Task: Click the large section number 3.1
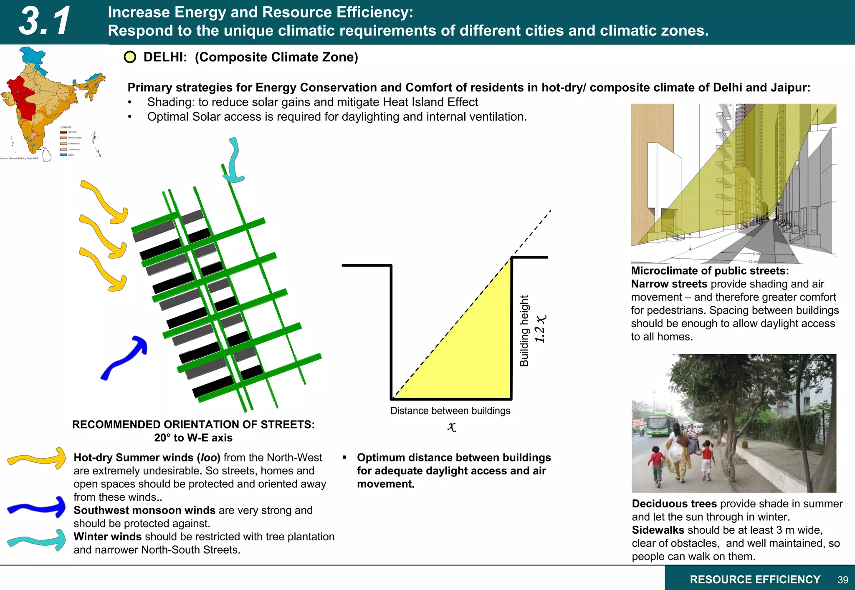pyautogui.click(x=45, y=21)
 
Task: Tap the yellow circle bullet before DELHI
pyautogui.click(x=130, y=57)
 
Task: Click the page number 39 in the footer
pyautogui.click(x=842, y=580)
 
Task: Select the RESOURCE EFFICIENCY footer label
pyautogui.click(x=755, y=580)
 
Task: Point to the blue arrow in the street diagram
pyautogui.click(x=124, y=358)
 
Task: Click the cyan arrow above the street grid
pyautogui.click(x=234, y=161)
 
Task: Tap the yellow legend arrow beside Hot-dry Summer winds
pyautogui.click(x=37, y=459)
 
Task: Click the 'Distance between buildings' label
pyautogui.click(x=450, y=411)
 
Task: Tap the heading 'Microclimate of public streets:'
pyautogui.click(x=710, y=271)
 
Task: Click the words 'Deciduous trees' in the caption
pyautogui.click(x=674, y=504)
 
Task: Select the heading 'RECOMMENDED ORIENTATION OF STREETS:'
pyautogui.click(x=193, y=424)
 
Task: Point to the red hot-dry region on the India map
pyautogui.click(x=22, y=98)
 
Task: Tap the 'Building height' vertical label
pyautogui.click(x=524, y=331)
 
